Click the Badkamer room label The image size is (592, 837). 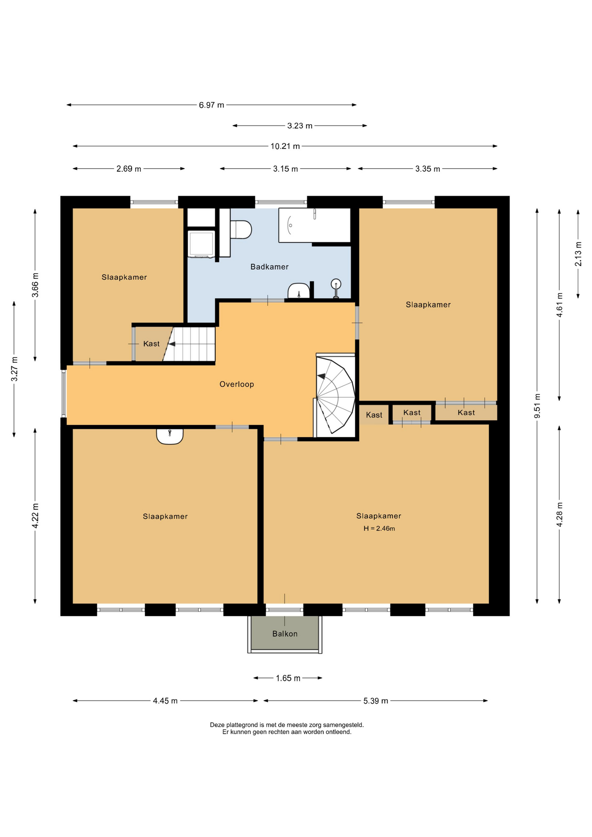(269, 267)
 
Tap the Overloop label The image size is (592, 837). (237, 384)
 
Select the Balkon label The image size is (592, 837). (285, 634)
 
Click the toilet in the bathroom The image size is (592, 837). (241, 230)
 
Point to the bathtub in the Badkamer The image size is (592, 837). (315, 225)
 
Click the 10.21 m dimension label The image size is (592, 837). (285, 146)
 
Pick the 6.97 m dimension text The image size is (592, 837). (211, 105)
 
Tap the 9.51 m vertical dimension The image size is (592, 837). (538, 406)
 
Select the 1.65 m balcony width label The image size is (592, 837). (288, 678)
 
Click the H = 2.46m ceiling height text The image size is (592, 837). (379, 528)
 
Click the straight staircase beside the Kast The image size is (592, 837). (189, 344)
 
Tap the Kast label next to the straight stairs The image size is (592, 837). (151, 344)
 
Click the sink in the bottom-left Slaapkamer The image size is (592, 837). (170, 436)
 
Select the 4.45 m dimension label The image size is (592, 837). (165, 701)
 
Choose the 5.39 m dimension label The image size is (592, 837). (376, 701)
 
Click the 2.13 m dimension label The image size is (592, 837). (578, 254)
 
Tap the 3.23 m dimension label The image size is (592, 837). (300, 126)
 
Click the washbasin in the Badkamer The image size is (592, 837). (299, 291)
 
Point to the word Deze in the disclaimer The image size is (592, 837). (217, 725)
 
